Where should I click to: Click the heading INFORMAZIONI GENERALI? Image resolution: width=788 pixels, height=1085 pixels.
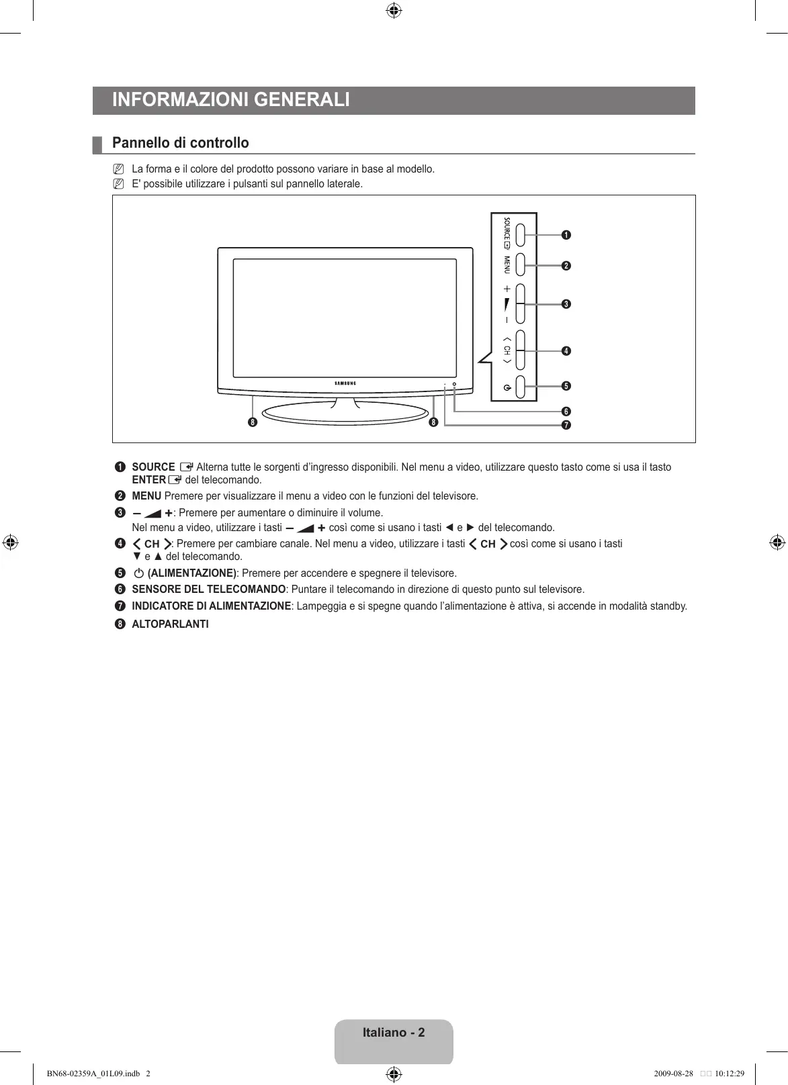point(231,100)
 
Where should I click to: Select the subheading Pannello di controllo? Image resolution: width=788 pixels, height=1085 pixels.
point(180,143)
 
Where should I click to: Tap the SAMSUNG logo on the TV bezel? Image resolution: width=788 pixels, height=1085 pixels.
point(345,383)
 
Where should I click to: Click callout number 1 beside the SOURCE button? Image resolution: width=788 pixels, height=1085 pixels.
point(566,235)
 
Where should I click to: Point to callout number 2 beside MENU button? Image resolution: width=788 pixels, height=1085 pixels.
point(566,266)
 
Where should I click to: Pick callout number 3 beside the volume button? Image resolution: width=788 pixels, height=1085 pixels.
point(566,304)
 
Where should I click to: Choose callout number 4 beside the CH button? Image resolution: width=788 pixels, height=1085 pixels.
point(566,351)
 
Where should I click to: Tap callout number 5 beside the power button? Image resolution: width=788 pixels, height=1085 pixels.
point(566,386)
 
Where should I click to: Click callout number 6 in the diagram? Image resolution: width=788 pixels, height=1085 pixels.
point(566,412)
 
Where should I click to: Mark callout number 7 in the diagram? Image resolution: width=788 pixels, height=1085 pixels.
point(566,425)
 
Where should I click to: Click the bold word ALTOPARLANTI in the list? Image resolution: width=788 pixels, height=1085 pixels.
point(170,624)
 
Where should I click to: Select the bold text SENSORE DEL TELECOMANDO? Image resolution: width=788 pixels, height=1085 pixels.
point(209,589)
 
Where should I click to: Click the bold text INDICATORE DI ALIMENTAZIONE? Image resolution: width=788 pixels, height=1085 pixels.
point(211,606)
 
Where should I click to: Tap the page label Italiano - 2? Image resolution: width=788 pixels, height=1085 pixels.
point(394,1033)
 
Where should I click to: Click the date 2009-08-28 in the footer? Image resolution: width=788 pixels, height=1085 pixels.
point(672,1073)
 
